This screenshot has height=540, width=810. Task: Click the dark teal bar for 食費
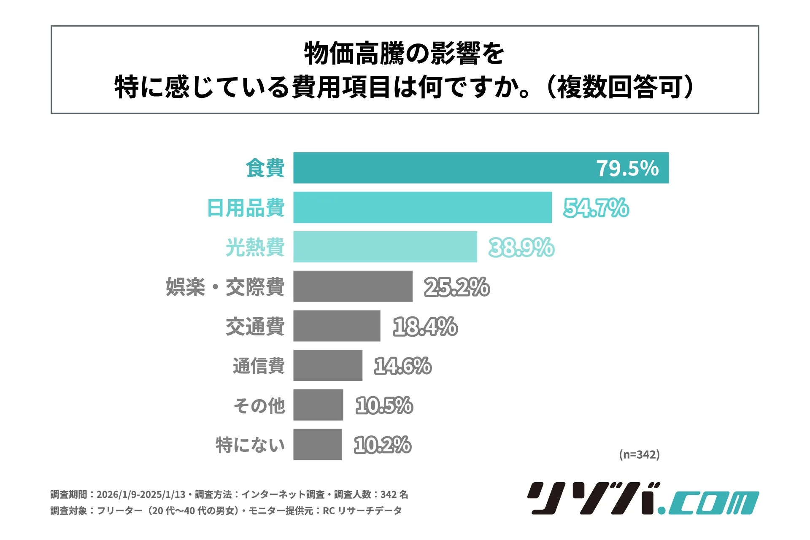coord(443,168)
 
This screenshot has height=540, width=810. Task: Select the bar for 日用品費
coord(422,207)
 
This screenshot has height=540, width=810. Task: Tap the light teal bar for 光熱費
coord(385,247)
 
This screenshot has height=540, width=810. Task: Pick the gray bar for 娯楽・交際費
coord(353,286)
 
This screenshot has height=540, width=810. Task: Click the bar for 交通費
coord(337,326)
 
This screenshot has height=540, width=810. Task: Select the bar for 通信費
coord(328,365)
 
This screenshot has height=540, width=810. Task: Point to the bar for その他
coord(318,405)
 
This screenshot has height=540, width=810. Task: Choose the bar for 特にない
coord(317,444)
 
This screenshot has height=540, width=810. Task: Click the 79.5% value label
coord(627,168)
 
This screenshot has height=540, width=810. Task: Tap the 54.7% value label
coord(596,208)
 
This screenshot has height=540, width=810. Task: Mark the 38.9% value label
coord(521,247)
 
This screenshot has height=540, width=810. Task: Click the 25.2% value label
coord(456,287)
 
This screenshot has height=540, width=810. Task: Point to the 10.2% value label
coord(382,445)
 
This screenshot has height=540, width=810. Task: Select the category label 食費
coord(265,168)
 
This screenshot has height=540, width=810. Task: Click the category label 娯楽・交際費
coord(225,287)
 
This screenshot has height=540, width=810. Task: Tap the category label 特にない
coord(250,445)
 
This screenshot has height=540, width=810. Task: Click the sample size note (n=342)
coord(639,454)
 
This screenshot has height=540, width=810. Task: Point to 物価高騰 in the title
coord(354,54)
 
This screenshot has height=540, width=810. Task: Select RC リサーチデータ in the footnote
coord(362,511)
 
